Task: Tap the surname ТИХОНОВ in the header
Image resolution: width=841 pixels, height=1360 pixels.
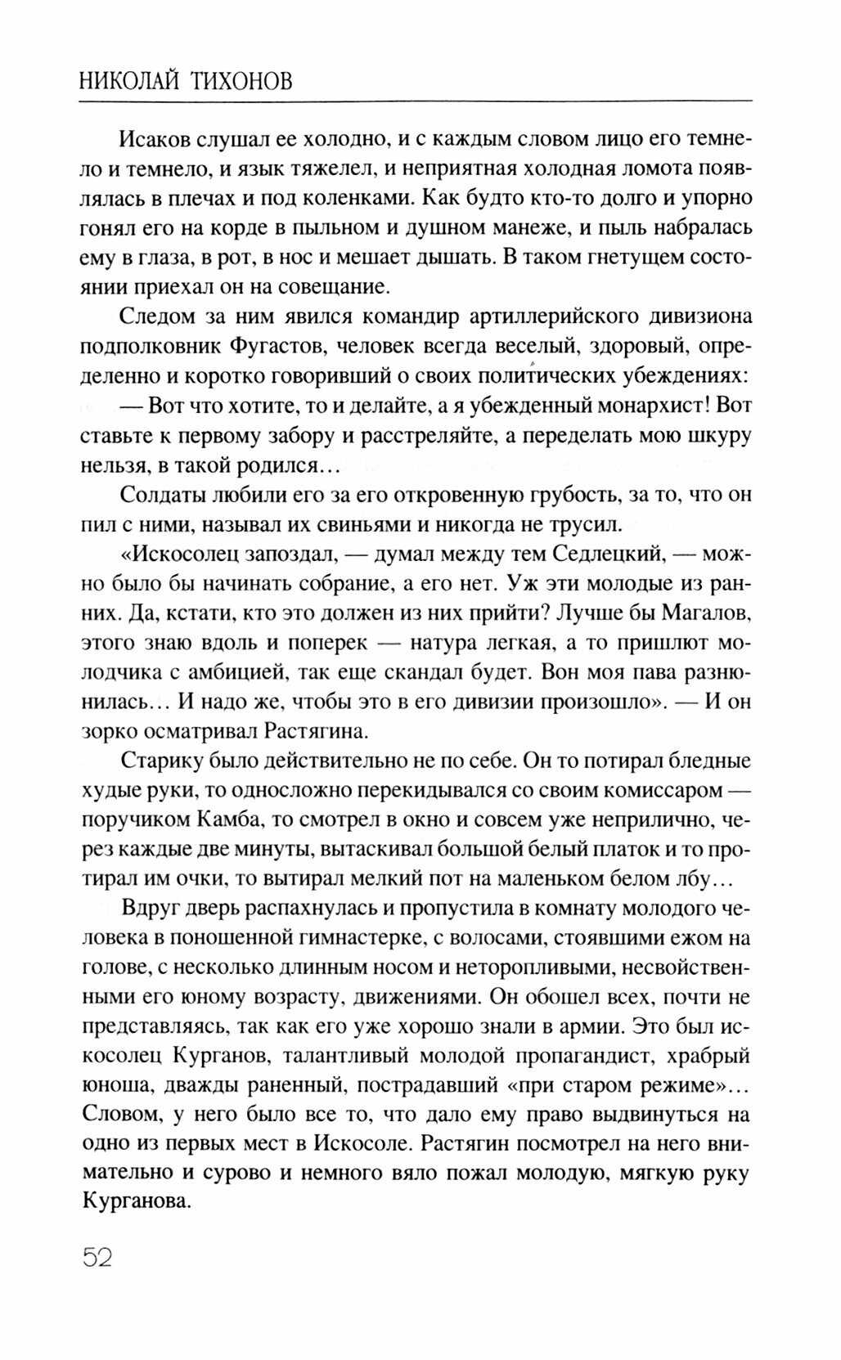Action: (243, 81)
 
